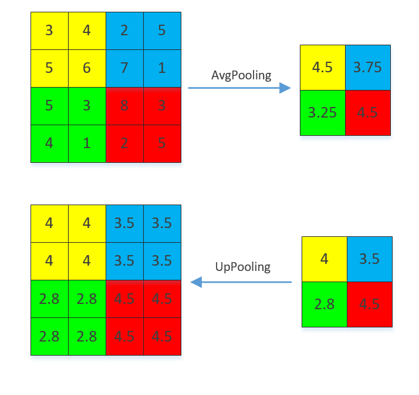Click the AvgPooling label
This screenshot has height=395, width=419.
click(241, 75)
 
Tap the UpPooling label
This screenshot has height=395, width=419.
click(242, 267)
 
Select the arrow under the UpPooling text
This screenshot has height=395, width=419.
click(241, 282)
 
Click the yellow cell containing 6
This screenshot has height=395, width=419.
click(87, 68)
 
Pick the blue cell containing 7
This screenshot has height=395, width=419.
click(124, 68)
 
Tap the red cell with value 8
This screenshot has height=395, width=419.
click(124, 106)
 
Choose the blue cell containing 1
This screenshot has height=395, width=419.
click(162, 68)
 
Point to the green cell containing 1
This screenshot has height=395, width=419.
click(87, 143)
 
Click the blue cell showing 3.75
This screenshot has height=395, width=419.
click(368, 68)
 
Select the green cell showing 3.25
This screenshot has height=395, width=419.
click(322, 113)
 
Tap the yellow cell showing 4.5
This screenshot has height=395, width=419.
click(322, 68)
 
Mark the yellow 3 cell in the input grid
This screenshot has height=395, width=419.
click(49, 31)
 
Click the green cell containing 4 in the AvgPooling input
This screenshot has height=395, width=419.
click(49, 143)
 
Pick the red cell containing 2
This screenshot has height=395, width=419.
click(124, 143)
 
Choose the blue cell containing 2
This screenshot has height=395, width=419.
click(124, 31)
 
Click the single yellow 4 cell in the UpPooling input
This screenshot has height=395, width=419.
click(324, 259)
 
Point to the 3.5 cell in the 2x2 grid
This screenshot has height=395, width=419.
click(370, 259)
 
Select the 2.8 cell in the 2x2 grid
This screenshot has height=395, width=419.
click(324, 304)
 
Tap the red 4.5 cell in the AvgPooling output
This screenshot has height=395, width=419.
click(368, 113)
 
